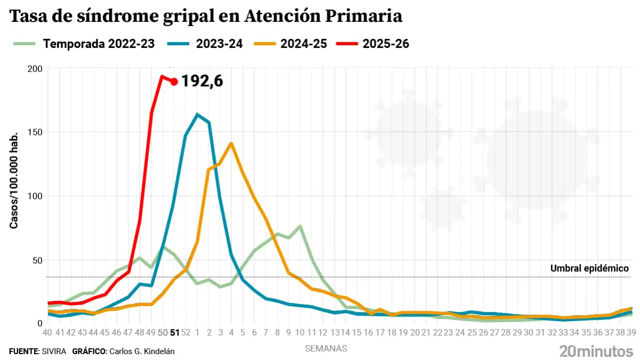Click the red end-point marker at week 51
[174, 82]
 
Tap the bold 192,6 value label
[202, 81]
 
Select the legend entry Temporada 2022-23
[99, 44]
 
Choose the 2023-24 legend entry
[219, 44]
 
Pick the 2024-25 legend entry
[303, 44]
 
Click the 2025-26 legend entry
[386, 44]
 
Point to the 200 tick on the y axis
[34, 69]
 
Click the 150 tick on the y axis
[34, 132]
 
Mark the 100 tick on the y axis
[34, 196]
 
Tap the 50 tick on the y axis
[36, 260]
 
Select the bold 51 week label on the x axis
[174, 332]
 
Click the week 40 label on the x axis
[47, 332]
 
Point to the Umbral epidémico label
[589, 268]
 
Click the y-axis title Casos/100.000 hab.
[14, 180]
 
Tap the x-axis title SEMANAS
[326, 348]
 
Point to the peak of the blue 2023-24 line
[197, 115]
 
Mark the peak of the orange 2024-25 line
[231, 143]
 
